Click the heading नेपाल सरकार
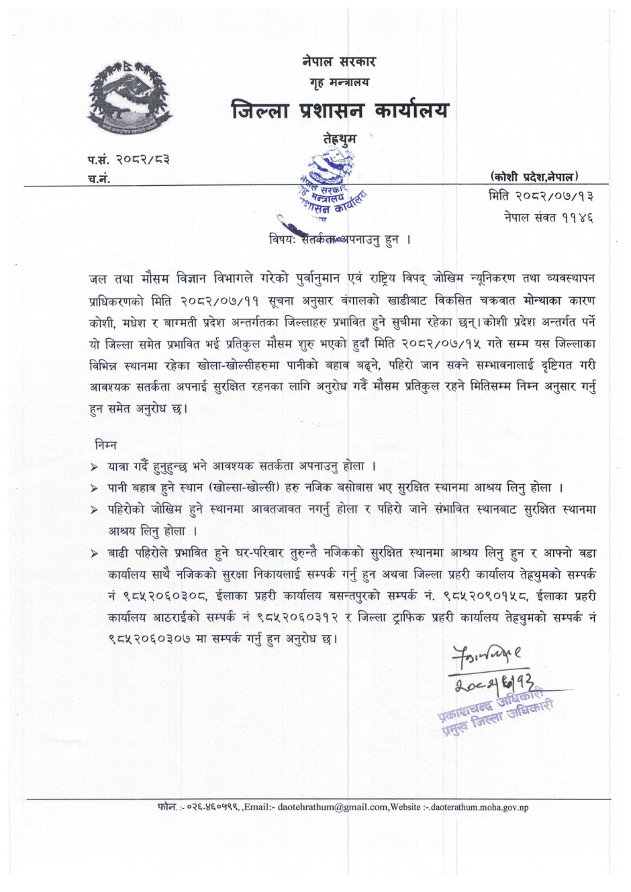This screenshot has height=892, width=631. click(339, 62)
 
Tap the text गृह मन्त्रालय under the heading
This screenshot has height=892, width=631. click(339, 82)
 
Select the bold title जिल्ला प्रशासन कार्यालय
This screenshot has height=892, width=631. click(339, 109)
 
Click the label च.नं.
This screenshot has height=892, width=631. click(99, 178)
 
